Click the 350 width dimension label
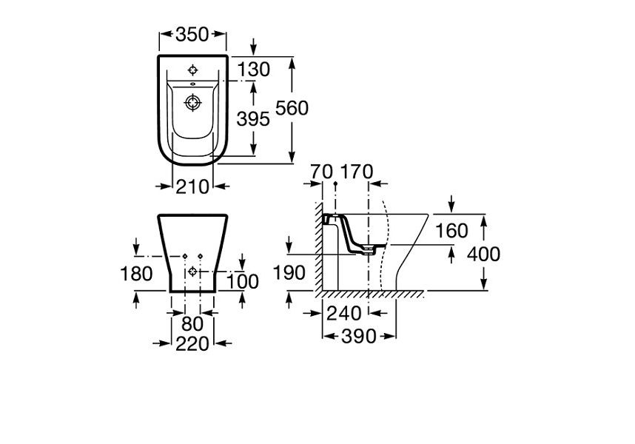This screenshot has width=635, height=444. [x=192, y=33]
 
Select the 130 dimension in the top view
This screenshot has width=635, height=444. [x=254, y=70]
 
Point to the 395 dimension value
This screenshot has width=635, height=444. [x=254, y=118]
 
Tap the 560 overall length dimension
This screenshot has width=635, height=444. [x=292, y=108]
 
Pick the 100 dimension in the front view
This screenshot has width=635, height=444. [x=243, y=282]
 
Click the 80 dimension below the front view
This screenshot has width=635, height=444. [x=192, y=323]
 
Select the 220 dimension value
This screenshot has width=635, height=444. [x=192, y=343]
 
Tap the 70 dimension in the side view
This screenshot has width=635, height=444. [x=322, y=172]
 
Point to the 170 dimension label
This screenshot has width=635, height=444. [x=355, y=172]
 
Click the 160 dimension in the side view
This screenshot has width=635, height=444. [x=451, y=231]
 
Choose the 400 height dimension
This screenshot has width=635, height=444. [x=485, y=255]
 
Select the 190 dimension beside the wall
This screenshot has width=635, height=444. [x=290, y=273]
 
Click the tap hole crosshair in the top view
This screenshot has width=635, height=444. [x=194, y=71]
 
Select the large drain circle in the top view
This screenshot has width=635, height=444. [x=194, y=103]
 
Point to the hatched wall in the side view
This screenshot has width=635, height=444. [x=317, y=244]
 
